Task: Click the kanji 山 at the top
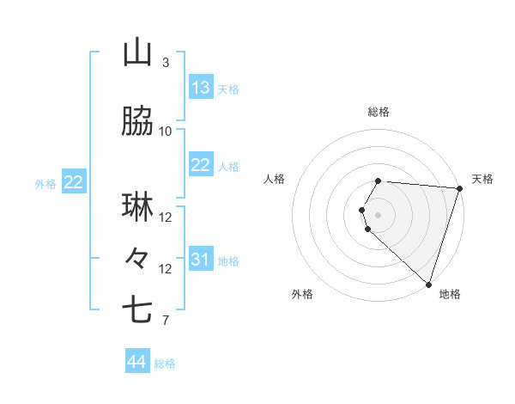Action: pyautogui.click(x=137, y=53)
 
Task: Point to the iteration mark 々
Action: pyautogui.click(x=137, y=257)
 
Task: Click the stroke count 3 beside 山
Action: pyautogui.click(x=166, y=63)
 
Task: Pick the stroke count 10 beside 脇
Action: pyautogui.click(x=166, y=132)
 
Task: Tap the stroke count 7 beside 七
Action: pyautogui.click(x=166, y=321)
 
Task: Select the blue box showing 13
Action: pyautogui.click(x=201, y=88)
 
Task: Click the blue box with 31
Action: pyautogui.click(x=201, y=260)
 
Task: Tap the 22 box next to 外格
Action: pyautogui.click(x=74, y=182)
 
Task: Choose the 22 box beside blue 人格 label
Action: pyautogui.click(x=201, y=165)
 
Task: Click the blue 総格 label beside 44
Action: pyautogui.click(x=165, y=364)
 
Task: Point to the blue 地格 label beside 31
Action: pyautogui.click(x=228, y=261)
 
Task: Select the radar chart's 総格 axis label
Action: pyautogui.click(x=379, y=112)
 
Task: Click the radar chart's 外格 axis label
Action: pyautogui.click(x=302, y=294)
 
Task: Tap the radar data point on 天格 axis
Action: pyautogui.click(x=459, y=188)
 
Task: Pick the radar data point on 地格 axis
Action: pyautogui.click(x=428, y=284)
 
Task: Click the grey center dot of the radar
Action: pyautogui.click(x=379, y=213)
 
